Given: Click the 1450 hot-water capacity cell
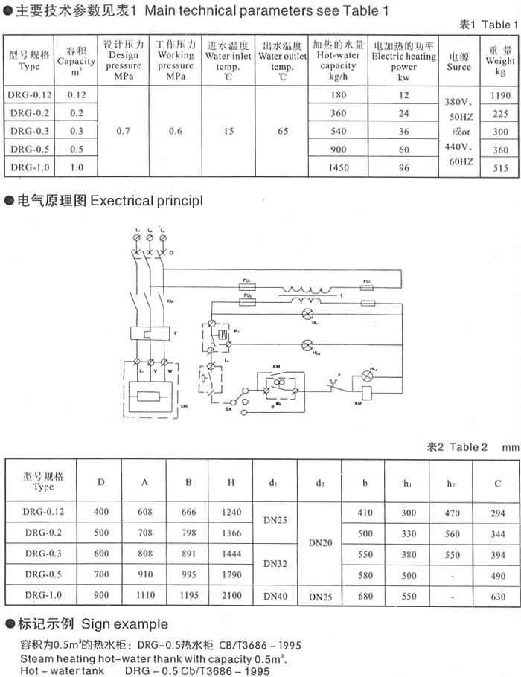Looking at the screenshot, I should coord(339,168).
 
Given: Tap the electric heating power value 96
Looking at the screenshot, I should coord(404,168).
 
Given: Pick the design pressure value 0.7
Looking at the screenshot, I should coord(124,132).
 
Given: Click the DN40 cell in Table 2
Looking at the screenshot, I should coord(275,595).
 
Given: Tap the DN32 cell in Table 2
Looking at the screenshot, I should coord(275,564).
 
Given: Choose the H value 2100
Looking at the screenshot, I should coord(231,595).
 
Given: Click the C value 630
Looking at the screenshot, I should coord(498,595).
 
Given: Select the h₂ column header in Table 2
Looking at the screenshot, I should coord(451,483).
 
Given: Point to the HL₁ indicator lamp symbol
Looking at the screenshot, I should coord(304,316).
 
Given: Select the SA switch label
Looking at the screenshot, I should coord(227,408).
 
